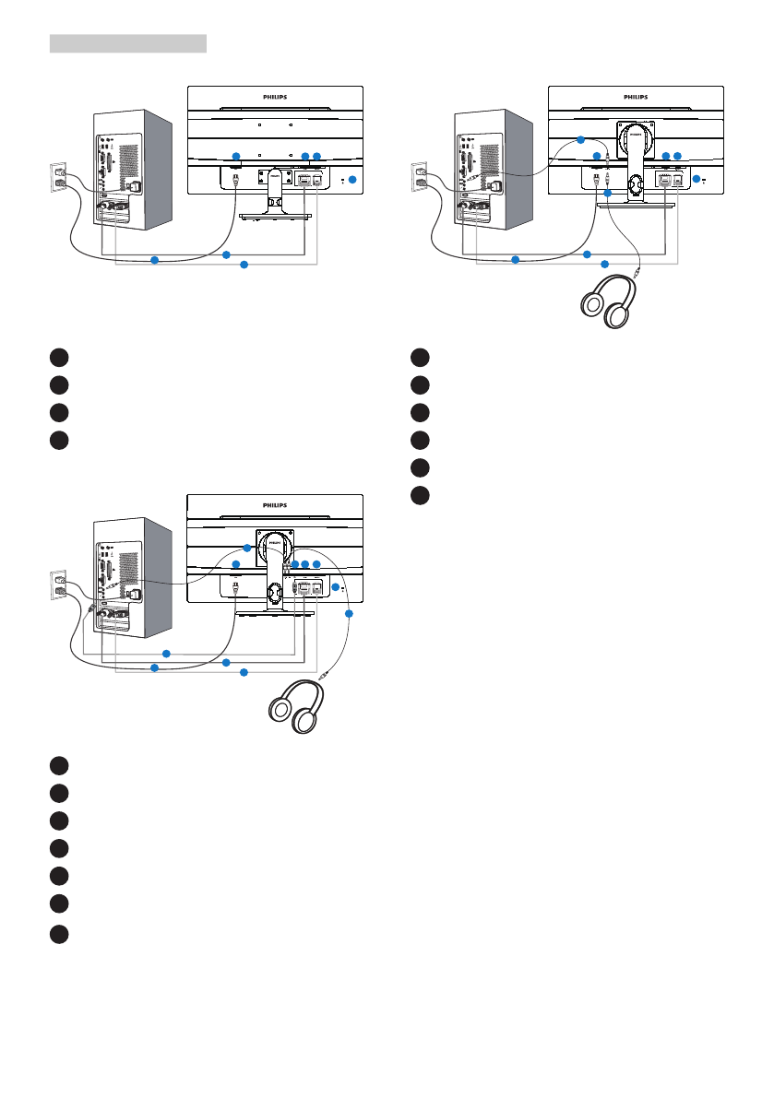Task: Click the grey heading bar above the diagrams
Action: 127,43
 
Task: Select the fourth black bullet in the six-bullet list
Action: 420,440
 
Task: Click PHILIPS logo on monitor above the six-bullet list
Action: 636,95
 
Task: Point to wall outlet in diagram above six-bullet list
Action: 420,176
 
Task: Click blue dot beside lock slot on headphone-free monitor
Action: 352,178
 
